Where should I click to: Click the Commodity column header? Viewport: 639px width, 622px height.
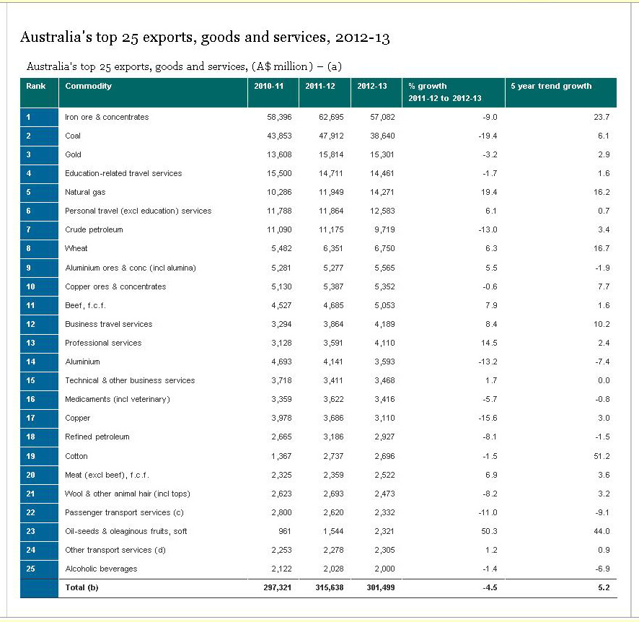click(x=88, y=86)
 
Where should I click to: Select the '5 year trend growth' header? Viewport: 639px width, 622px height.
click(x=551, y=86)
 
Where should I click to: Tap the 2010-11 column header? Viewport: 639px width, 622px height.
click(x=268, y=86)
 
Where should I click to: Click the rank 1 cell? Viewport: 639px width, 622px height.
click(x=39, y=117)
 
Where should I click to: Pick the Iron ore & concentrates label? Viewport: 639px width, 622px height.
click(x=107, y=117)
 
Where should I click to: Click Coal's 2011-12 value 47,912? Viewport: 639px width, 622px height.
click(x=331, y=136)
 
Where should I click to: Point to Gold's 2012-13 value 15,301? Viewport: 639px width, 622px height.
click(x=382, y=154)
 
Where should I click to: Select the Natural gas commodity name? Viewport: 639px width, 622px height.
click(x=85, y=193)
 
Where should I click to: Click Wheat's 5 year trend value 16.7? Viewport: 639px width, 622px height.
click(x=601, y=248)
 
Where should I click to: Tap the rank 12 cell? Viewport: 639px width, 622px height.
click(x=39, y=324)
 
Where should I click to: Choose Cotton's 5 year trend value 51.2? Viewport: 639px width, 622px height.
click(x=601, y=456)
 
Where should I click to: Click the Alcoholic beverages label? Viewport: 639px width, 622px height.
click(x=101, y=569)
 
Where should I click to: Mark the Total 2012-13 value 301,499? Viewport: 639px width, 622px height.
click(x=381, y=587)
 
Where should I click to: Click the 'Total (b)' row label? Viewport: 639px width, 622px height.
click(x=81, y=587)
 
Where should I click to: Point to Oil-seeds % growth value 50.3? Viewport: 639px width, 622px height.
click(x=489, y=531)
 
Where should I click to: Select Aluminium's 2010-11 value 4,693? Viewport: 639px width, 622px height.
click(x=281, y=362)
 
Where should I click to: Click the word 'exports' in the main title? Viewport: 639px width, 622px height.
click(x=169, y=38)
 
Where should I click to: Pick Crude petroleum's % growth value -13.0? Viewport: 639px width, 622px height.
click(x=488, y=229)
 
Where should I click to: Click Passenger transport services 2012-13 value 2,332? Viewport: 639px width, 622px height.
click(x=384, y=512)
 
